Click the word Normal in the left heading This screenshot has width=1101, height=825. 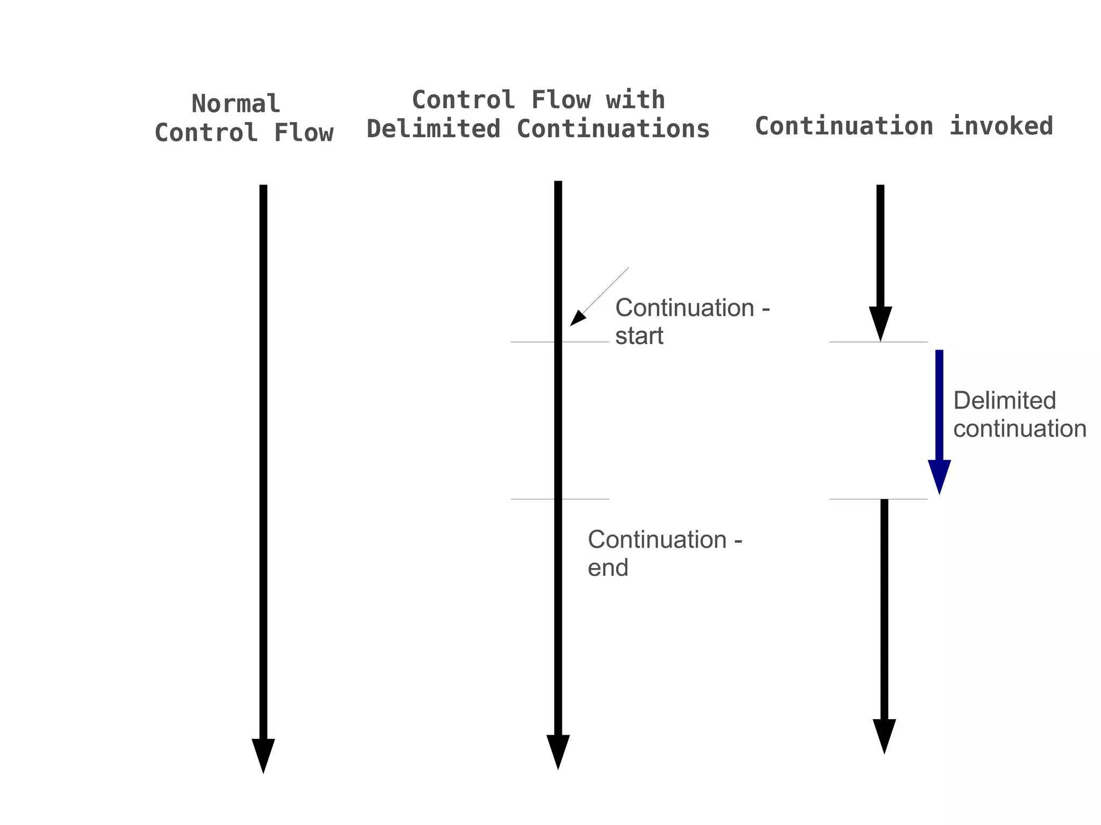coord(235,104)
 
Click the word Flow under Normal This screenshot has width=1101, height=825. coord(304,133)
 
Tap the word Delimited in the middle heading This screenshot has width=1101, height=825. coord(433,129)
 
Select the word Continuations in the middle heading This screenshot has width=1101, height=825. coord(613,129)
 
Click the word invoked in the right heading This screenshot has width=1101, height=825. coord(1000,126)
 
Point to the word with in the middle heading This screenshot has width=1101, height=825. coord(635,100)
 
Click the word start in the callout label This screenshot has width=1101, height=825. coord(639,336)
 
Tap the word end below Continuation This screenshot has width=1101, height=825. coord(607,568)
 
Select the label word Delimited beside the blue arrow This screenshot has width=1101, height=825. coord(1004,400)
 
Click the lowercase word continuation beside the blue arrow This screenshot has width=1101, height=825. coord(1019,428)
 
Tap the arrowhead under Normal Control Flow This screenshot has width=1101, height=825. coord(263,754)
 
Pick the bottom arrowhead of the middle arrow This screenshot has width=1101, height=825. coord(558,750)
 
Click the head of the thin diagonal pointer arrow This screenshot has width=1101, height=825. coord(576,319)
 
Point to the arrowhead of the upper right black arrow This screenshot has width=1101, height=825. coord(881,321)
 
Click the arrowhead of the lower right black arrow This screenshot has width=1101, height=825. coord(884,734)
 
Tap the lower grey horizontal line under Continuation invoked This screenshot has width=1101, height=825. coord(855,499)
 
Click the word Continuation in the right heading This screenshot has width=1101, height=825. coord(844,126)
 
